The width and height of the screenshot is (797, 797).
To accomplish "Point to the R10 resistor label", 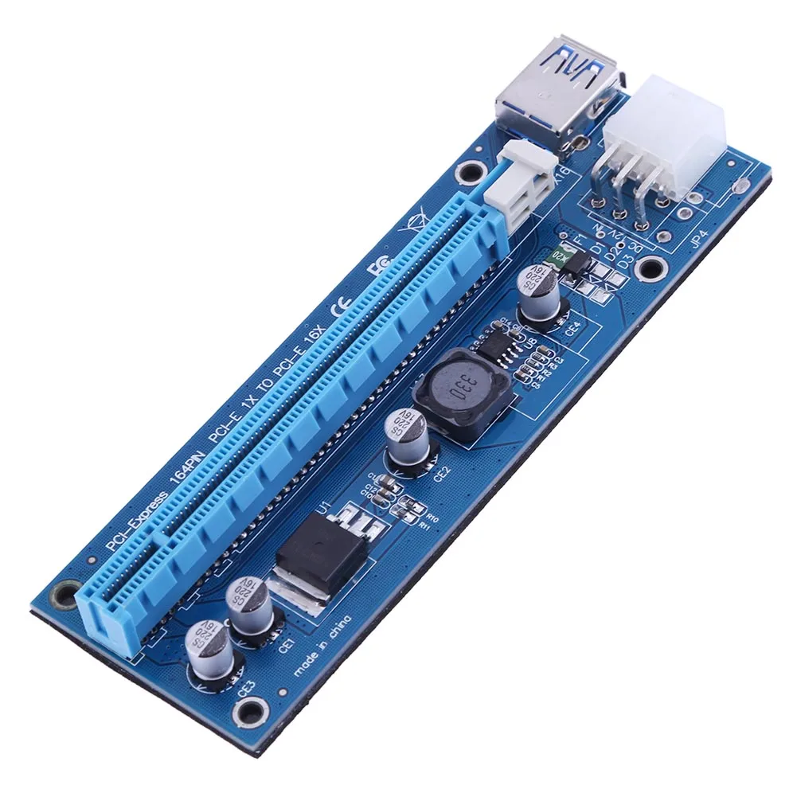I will tap(423, 508).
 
